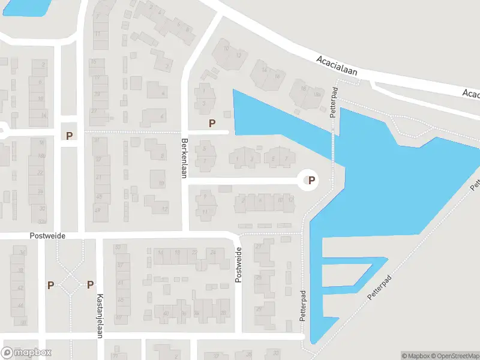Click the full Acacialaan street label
(337, 65)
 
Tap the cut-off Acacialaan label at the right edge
(471, 94)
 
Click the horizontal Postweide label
(47, 236)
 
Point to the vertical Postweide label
(238, 265)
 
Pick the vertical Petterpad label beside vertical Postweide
(303, 306)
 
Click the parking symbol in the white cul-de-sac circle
(311, 179)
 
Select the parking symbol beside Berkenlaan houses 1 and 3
(211, 124)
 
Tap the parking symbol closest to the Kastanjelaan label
(90, 285)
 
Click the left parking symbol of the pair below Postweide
(51, 285)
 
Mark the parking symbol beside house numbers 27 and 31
(70, 136)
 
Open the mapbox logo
(27, 353)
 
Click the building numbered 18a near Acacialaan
(316, 95)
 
